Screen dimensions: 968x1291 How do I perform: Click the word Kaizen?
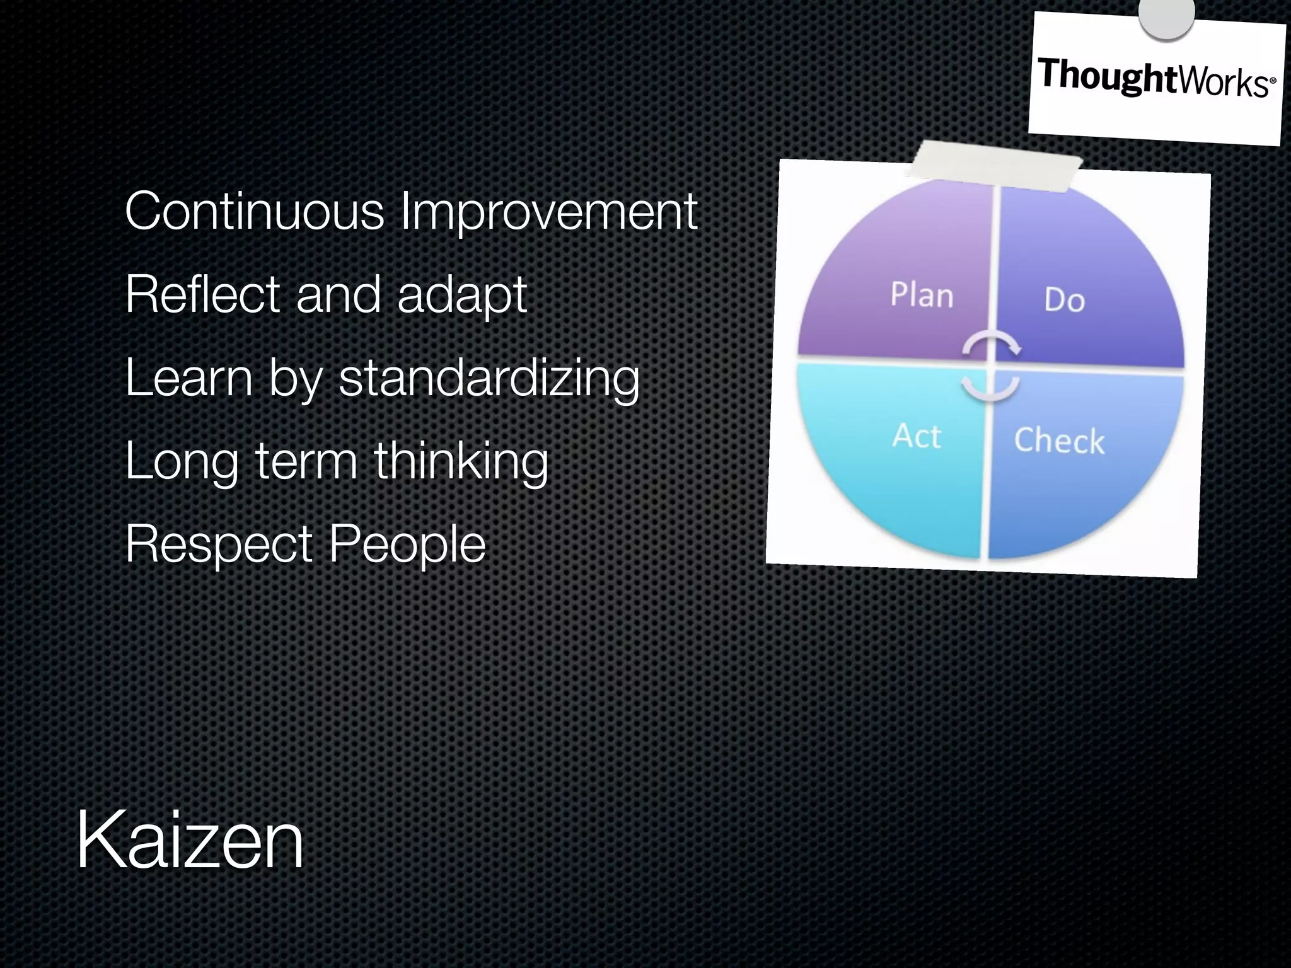(x=190, y=840)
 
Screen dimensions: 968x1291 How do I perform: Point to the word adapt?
(x=462, y=296)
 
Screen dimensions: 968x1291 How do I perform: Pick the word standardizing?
(x=489, y=378)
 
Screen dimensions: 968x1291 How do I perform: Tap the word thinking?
(x=461, y=461)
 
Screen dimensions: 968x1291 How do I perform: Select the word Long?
(x=182, y=463)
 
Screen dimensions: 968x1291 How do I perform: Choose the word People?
(x=407, y=545)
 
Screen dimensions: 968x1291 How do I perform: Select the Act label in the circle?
(x=917, y=436)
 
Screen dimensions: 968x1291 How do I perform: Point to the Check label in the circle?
(x=1059, y=440)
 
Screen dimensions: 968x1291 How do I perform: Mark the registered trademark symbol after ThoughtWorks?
(x=1273, y=81)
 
